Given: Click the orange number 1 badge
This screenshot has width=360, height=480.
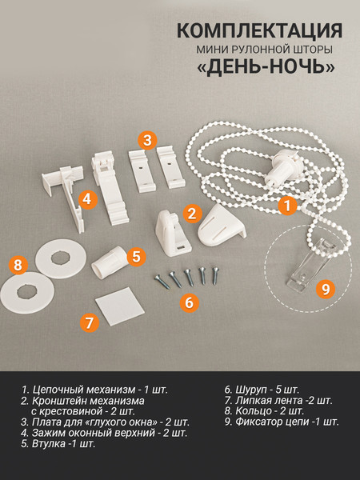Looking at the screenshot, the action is [288, 206].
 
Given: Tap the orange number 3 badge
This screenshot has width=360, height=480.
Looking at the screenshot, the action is [147, 140].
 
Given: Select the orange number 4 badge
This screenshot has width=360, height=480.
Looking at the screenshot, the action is [88, 199].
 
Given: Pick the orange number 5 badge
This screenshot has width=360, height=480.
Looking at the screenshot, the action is [136, 256].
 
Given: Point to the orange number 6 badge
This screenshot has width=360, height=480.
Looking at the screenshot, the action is [189, 302].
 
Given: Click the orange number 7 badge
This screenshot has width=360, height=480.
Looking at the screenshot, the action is [90, 322].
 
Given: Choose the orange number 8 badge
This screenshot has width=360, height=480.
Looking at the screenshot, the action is [18, 265].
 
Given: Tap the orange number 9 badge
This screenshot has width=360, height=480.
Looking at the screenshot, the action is [326, 288].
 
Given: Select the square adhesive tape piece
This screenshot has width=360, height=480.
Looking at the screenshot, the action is [120, 306].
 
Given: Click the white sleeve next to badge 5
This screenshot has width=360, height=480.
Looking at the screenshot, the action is [110, 262].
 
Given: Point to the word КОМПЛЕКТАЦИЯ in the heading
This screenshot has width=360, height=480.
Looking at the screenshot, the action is [259, 30].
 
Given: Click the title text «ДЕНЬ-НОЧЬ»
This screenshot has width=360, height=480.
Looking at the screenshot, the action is [266, 66].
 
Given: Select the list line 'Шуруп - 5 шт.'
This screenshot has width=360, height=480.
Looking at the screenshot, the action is [262, 390].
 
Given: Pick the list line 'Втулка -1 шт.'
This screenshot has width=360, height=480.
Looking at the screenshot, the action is [58, 443].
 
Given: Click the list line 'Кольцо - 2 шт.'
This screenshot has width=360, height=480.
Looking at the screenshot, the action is [264, 410].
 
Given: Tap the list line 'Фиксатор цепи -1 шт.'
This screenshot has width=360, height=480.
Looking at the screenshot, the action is [282, 422].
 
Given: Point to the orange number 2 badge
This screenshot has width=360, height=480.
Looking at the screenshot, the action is [192, 214].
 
